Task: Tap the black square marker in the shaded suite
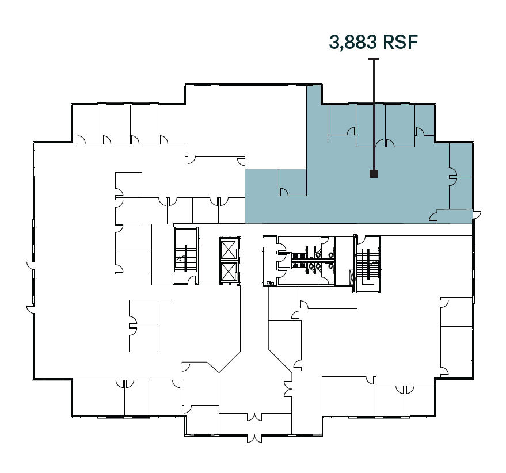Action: pyautogui.click(x=374, y=173)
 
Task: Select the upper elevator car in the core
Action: pyautogui.click(x=229, y=250)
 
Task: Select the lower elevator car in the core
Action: pyautogui.click(x=229, y=272)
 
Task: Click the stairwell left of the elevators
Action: pyautogui.click(x=186, y=255)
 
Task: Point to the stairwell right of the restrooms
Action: pyautogui.click(x=368, y=264)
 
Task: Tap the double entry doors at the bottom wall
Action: pyautogui.click(x=254, y=437)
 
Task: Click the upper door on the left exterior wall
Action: pyautogui.click(x=31, y=266)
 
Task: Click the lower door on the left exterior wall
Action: pyautogui.click(x=31, y=309)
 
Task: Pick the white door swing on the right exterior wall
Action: pyautogui.click(x=476, y=215)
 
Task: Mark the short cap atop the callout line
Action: pyautogui.click(x=374, y=59)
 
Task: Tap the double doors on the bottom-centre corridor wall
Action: pyautogui.click(x=254, y=415)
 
